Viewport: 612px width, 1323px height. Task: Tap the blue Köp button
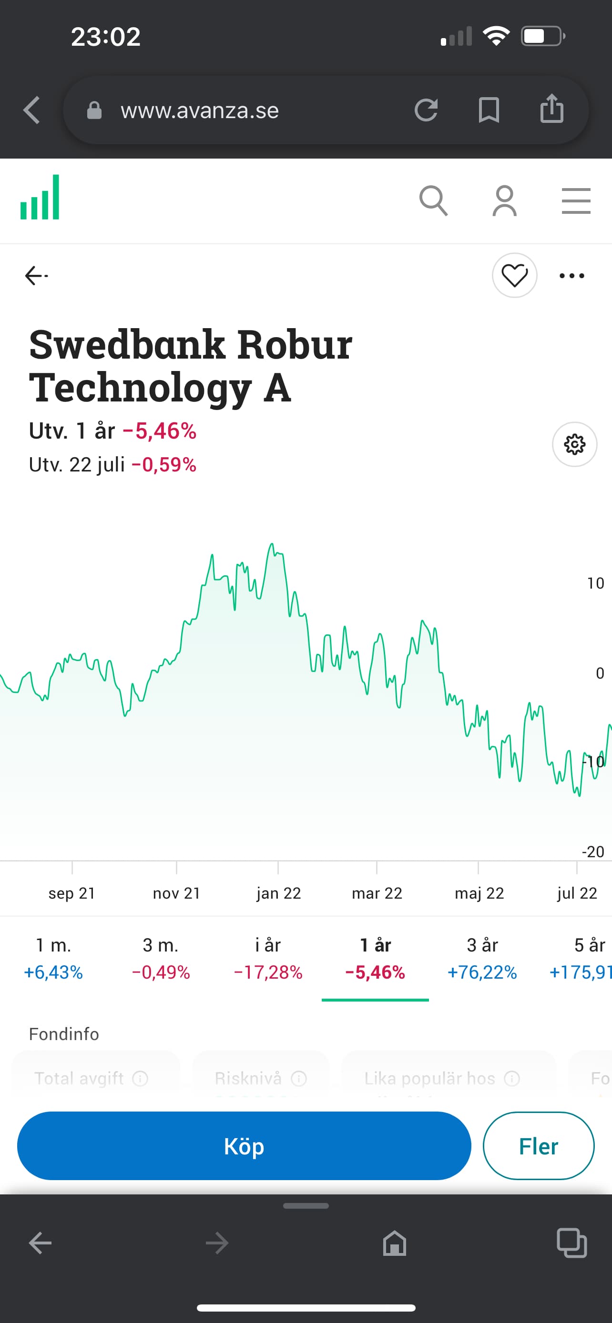244,1146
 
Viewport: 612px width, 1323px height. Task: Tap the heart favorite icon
514,276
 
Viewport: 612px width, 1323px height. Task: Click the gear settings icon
574,444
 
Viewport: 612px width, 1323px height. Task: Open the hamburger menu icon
576,201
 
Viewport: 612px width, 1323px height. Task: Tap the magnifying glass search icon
433,201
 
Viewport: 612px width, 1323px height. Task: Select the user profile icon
505,201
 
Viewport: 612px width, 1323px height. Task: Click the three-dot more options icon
572,276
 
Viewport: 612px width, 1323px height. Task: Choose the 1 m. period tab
53,958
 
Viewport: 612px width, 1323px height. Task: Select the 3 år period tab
482,958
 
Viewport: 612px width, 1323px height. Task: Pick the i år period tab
268,958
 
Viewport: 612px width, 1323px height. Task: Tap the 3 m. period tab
161,958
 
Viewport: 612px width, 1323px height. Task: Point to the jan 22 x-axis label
278,893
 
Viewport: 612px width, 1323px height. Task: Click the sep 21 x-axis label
72,893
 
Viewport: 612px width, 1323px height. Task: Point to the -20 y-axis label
592,852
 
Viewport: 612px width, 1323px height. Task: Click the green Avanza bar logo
40,198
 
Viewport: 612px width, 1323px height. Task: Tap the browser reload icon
426,110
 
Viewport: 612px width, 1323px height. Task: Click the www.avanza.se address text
200,110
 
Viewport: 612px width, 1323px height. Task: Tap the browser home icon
395,1243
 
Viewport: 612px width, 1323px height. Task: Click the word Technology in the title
140,388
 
